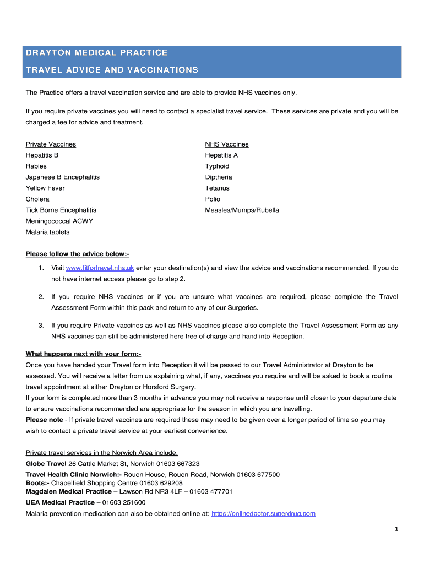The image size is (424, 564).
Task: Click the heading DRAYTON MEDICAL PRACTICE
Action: pos(96,53)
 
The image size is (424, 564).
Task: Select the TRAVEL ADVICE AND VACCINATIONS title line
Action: pos(112,70)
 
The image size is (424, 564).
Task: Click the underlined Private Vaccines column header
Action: pos(51,144)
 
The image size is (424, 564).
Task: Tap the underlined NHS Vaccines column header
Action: pos(227,144)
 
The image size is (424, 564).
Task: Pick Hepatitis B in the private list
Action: pos(42,155)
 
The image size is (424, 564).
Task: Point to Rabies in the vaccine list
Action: pos(36,166)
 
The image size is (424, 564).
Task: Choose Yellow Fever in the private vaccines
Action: pos(45,188)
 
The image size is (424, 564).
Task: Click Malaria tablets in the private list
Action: pos(47,232)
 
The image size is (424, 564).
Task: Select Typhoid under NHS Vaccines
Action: pos(217,166)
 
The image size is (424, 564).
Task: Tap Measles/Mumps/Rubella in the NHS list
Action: pos(242,210)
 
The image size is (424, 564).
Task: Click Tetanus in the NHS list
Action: pos(217,188)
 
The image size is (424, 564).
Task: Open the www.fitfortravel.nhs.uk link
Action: pos(100,268)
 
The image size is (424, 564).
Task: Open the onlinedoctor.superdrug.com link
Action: pos(263,514)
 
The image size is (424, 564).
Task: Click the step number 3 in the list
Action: pos(41,326)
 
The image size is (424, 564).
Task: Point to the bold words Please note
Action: pos(44,420)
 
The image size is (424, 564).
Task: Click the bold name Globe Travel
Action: pos(46,464)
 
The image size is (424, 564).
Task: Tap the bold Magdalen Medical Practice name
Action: pos(68,491)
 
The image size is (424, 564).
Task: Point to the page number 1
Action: pos(396,530)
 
